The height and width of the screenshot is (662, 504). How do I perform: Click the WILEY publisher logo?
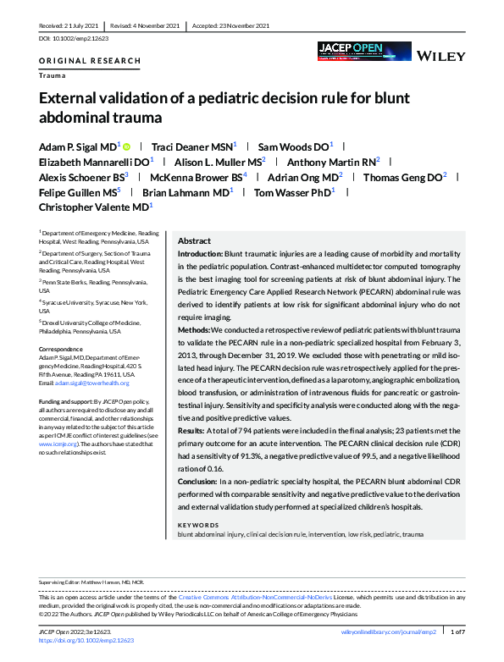click(x=439, y=56)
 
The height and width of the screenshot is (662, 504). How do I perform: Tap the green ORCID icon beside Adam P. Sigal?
click(x=128, y=146)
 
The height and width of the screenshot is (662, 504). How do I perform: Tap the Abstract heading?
click(x=194, y=241)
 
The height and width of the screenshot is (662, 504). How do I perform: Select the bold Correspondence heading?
click(x=62, y=348)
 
